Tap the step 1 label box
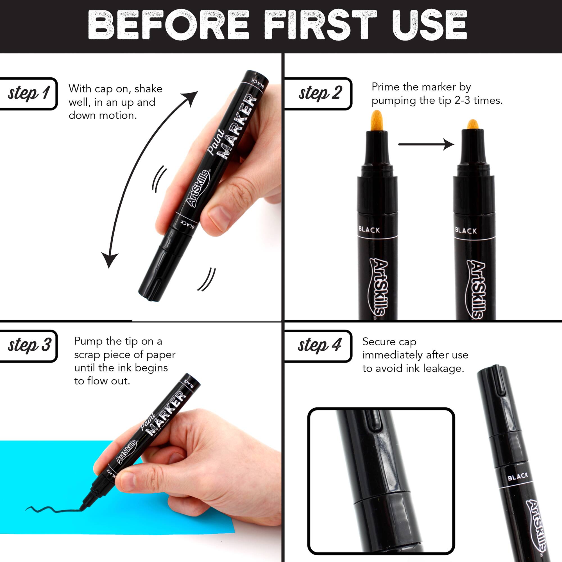(x=28, y=93)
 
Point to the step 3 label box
(x=29, y=346)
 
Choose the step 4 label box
(x=319, y=346)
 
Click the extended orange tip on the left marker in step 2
(x=377, y=121)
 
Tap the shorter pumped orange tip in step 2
(x=473, y=124)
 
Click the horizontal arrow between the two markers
(x=425, y=144)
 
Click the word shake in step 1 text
(x=148, y=89)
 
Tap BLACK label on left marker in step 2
(x=369, y=230)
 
